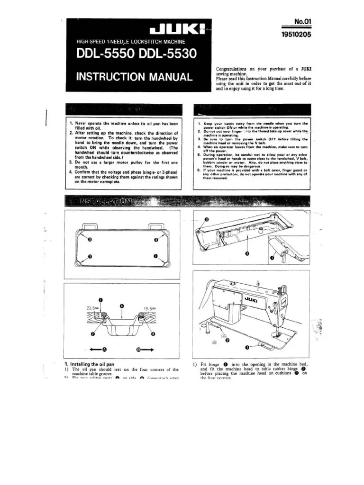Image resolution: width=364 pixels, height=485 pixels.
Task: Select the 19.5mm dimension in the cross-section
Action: click(x=149, y=307)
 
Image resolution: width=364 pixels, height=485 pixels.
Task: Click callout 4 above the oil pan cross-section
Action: click(x=122, y=306)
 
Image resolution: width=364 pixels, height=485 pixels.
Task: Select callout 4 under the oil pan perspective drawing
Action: click(x=247, y=254)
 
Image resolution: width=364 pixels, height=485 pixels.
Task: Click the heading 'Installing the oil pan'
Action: click(x=91, y=364)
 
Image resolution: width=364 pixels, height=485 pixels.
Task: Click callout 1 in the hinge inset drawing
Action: click(x=272, y=258)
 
